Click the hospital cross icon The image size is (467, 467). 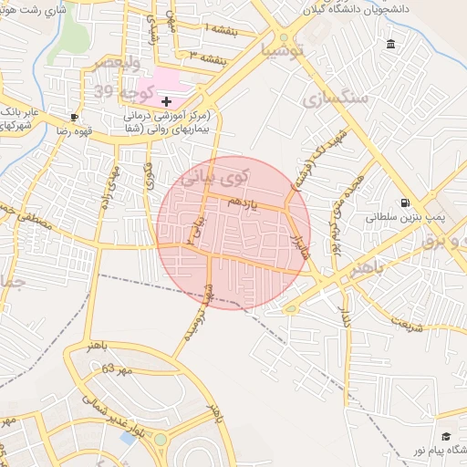167,101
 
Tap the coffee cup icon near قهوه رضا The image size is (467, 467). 74,118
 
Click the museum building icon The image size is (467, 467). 391,45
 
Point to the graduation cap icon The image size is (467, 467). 446,437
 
